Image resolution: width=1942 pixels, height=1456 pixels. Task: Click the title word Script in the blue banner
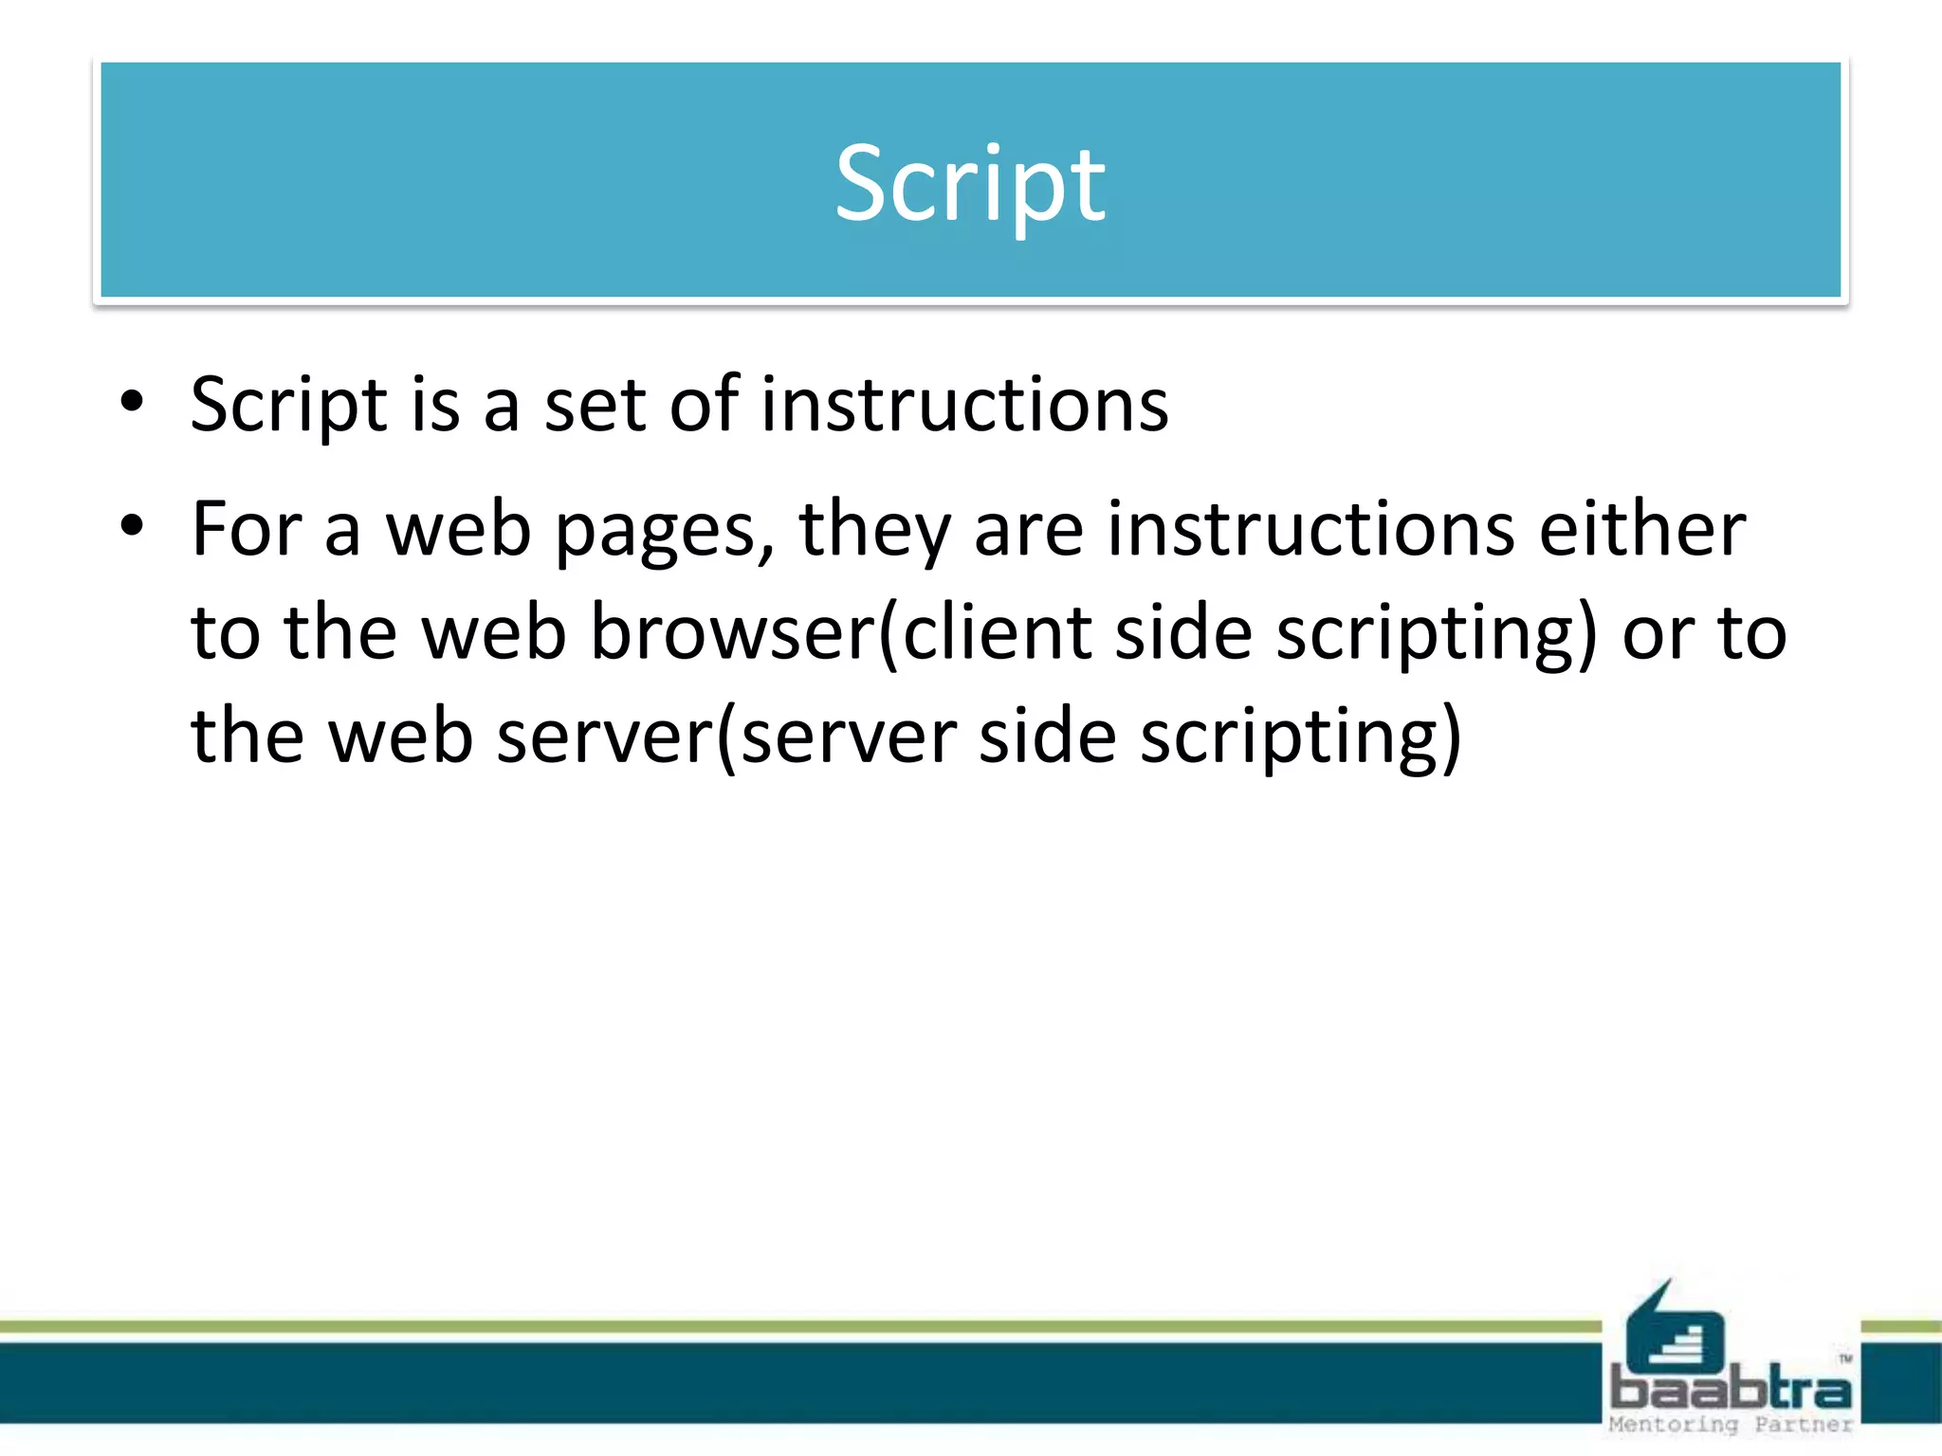[970, 184]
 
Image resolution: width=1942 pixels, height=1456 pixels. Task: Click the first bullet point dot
[132, 402]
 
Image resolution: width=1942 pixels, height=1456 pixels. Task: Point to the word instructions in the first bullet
[964, 406]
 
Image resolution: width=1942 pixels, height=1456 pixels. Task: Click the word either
[1641, 529]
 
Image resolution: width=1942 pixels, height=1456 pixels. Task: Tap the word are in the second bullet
[1028, 531]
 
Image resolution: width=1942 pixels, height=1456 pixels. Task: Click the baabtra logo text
[1731, 1390]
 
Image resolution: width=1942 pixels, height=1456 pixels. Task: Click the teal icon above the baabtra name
[1675, 1328]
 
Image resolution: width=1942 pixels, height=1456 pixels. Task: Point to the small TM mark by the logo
[1845, 1359]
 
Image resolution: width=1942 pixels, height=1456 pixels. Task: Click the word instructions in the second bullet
[1310, 529]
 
